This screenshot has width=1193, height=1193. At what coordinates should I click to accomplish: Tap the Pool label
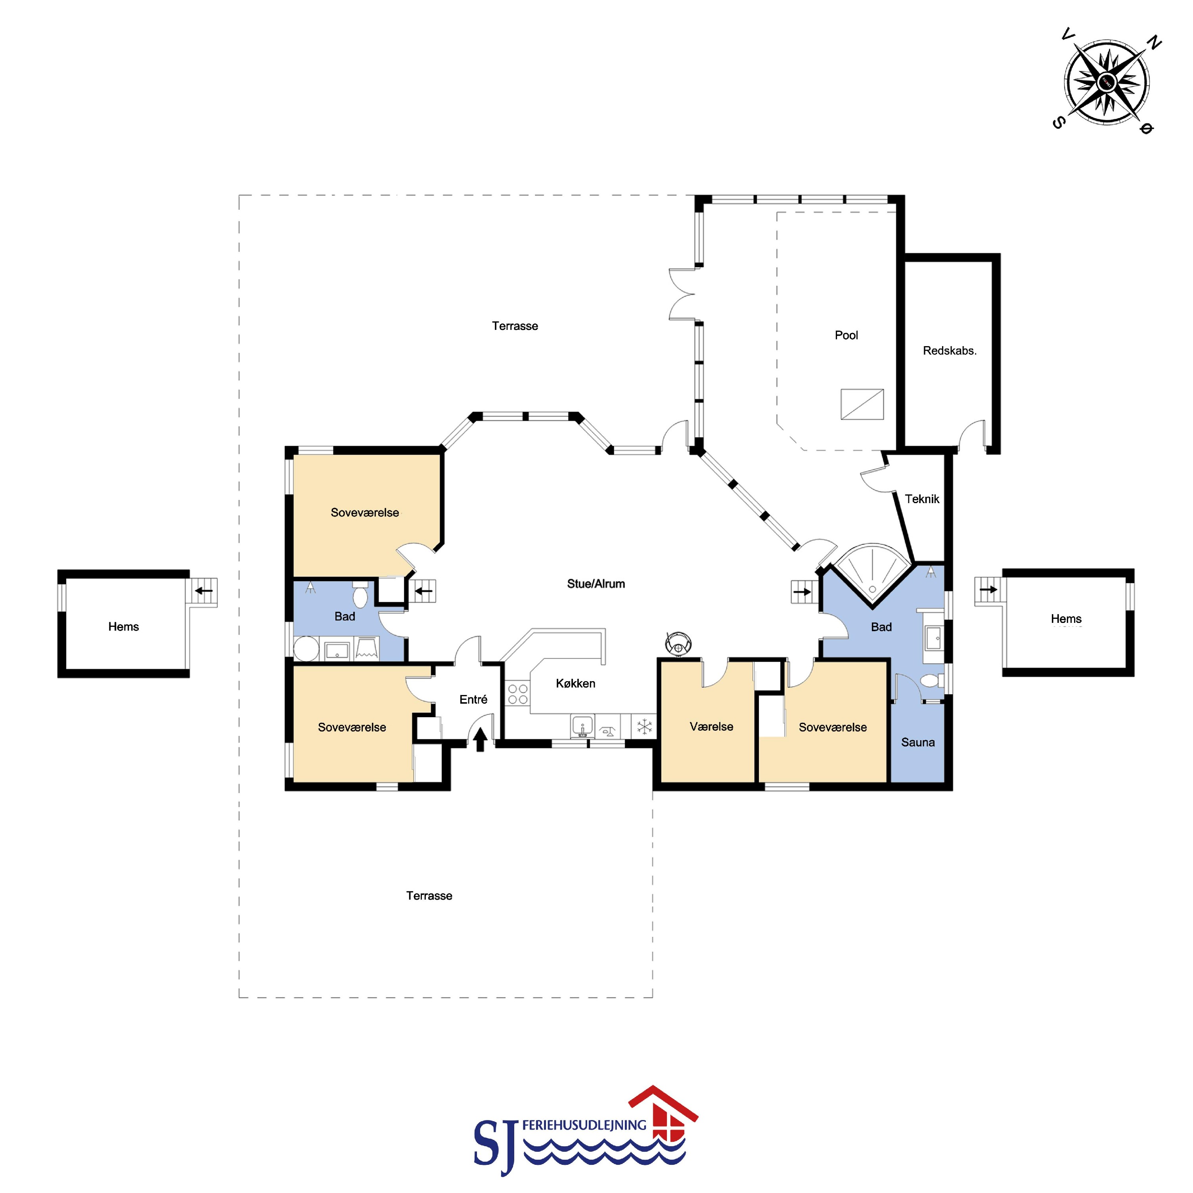click(846, 335)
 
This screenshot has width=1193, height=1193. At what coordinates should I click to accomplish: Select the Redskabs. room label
click(950, 351)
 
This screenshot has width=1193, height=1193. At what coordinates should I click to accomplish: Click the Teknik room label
click(922, 499)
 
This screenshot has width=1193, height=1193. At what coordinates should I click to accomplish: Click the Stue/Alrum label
click(596, 584)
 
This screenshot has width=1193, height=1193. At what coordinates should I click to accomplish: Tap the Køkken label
click(576, 684)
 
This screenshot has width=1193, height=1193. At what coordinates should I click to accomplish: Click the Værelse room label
click(711, 727)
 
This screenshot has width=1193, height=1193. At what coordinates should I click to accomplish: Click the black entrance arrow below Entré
click(480, 739)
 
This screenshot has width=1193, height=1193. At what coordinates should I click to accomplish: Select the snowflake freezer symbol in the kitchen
click(645, 726)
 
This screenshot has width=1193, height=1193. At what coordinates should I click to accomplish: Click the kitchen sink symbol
click(582, 726)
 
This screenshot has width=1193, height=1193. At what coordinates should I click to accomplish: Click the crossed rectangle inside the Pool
click(862, 404)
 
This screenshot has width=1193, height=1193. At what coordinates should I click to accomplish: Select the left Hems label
click(123, 627)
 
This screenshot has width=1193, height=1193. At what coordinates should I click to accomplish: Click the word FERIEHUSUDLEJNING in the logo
click(584, 1125)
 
